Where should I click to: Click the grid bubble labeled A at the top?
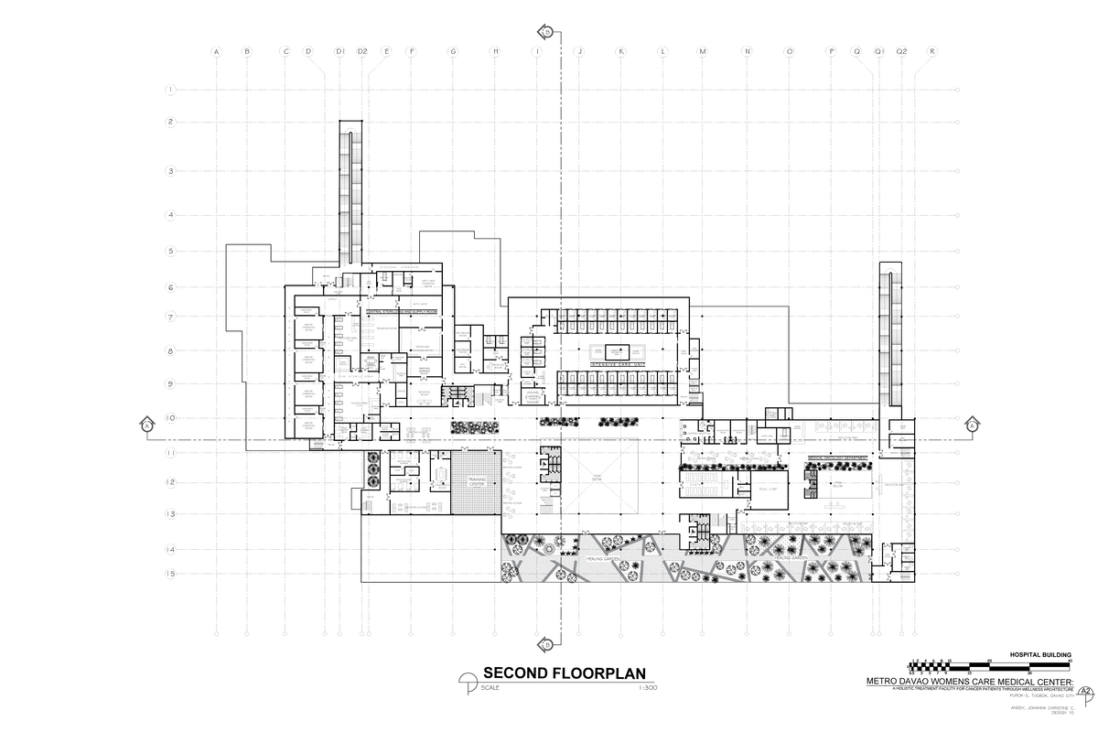217,51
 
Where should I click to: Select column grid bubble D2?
362,51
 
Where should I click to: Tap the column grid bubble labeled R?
931,51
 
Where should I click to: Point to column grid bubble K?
620,51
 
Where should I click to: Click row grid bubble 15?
170,574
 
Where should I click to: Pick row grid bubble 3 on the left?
170,171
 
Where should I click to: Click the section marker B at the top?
547,31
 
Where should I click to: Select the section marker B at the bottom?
547,643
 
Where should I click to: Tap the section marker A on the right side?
972,425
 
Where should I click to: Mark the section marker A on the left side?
146,425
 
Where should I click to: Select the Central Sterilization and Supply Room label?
403,312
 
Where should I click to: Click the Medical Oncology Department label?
837,459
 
